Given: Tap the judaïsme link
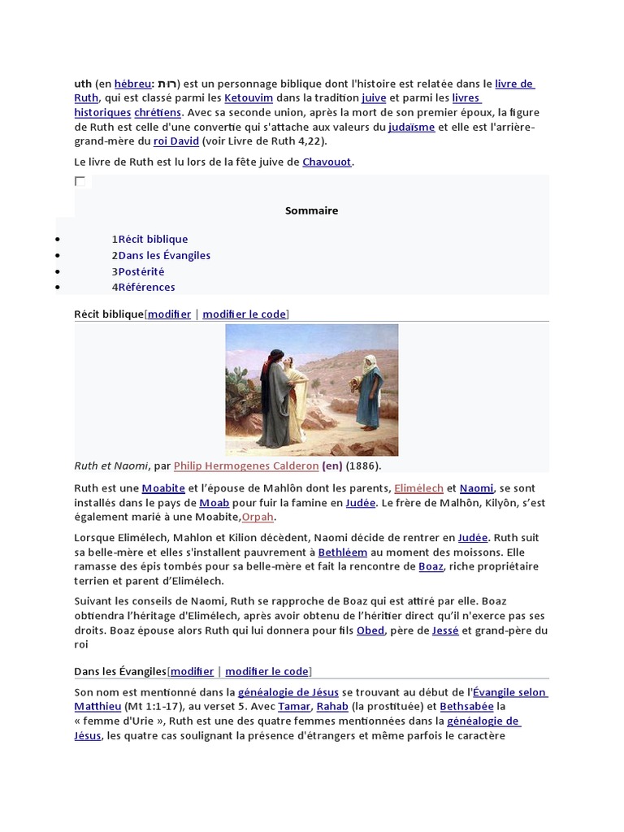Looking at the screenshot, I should (411, 127).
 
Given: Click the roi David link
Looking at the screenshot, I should (175, 141).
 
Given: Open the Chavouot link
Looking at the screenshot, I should (327, 162).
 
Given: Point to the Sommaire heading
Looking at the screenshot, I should (311, 210).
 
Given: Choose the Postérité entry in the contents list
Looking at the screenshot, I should (141, 271).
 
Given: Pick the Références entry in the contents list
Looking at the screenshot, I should (146, 287).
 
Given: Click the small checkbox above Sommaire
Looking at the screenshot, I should (80, 181).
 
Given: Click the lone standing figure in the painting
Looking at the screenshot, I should (368, 391).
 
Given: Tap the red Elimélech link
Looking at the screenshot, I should (418, 488).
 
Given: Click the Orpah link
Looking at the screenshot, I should (258, 517).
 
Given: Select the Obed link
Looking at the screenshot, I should (370, 630).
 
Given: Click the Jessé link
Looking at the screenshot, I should (445, 630).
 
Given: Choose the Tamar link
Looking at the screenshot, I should (294, 707).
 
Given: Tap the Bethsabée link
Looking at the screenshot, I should (466, 707).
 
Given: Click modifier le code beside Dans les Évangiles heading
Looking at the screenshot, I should (266, 671).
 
